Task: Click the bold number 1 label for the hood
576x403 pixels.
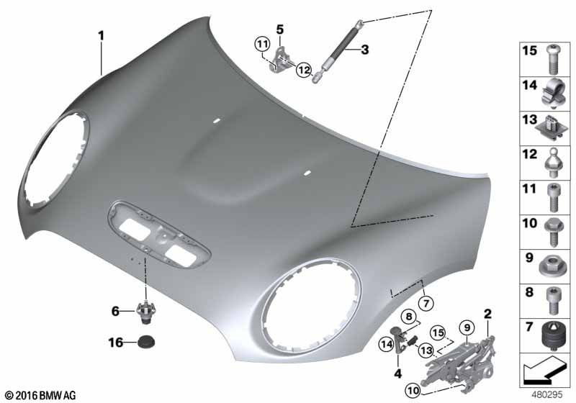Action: point(101,36)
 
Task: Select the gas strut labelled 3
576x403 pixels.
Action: point(337,50)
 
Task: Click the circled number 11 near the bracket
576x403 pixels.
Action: point(262,45)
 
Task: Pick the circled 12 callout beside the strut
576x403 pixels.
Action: point(304,70)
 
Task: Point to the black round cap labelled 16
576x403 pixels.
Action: point(146,342)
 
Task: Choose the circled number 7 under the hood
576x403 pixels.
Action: point(426,303)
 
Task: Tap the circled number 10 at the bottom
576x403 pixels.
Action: point(413,391)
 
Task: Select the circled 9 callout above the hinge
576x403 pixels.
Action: point(467,327)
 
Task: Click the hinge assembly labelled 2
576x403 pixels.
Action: point(461,363)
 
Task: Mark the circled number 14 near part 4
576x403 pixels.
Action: point(387,345)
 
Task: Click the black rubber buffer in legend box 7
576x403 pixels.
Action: point(554,335)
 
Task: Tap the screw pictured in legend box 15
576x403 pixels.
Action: point(552,59)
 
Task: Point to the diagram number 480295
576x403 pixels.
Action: point(547,395)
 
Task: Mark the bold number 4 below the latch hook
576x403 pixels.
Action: point(398,373)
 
